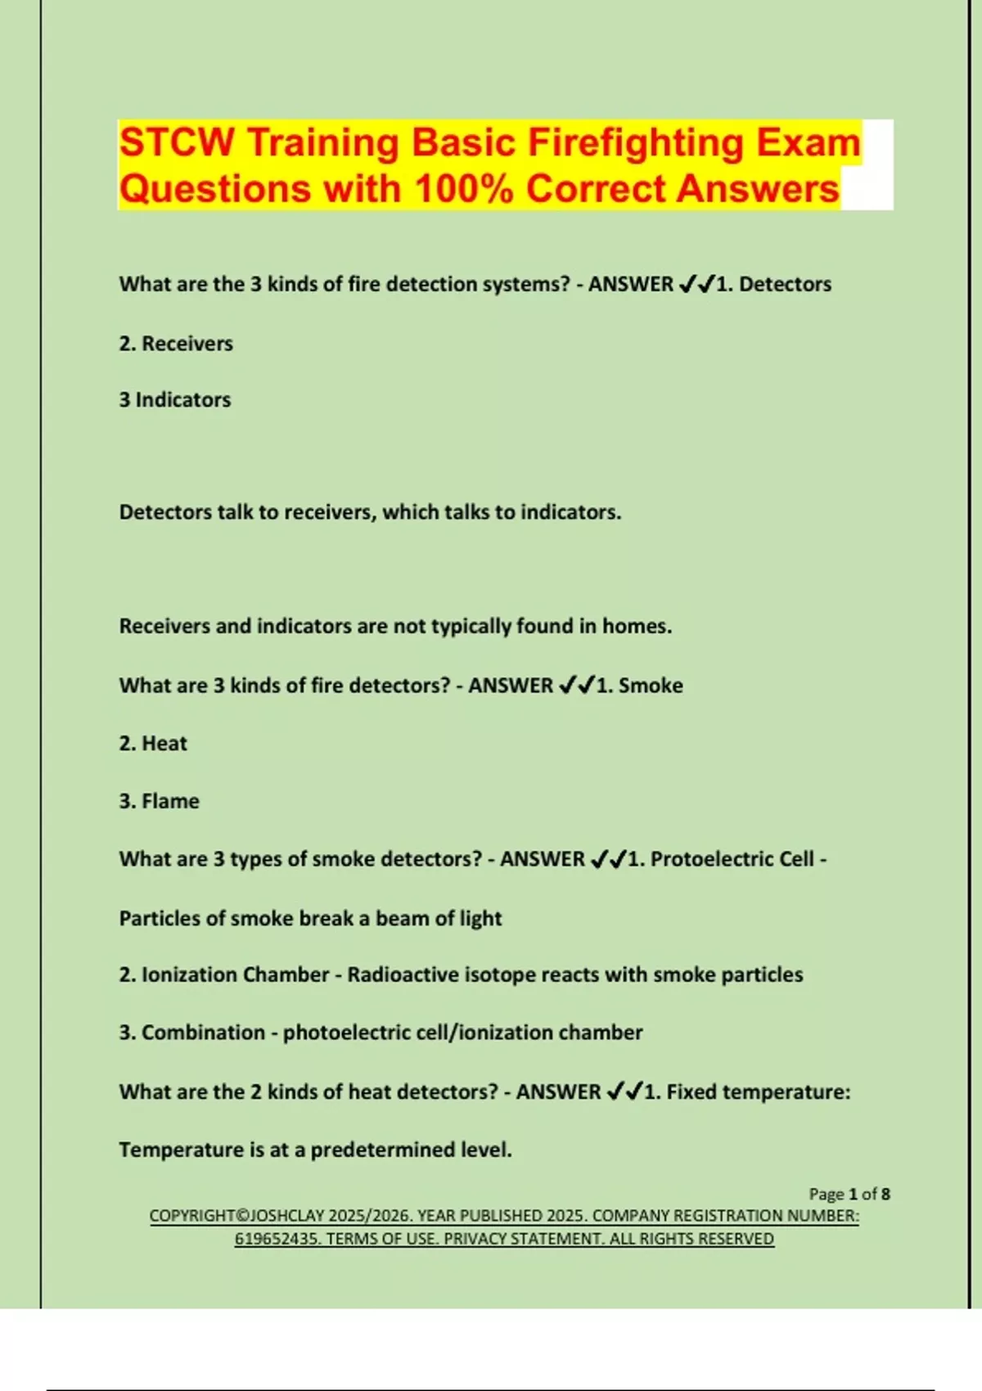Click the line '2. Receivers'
176,344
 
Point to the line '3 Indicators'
175,400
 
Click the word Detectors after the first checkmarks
785,285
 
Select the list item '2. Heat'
153,744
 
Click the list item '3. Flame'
159,801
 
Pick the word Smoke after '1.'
651,686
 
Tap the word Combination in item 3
191,1033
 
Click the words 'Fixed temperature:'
759,1092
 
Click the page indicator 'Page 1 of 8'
849,1194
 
